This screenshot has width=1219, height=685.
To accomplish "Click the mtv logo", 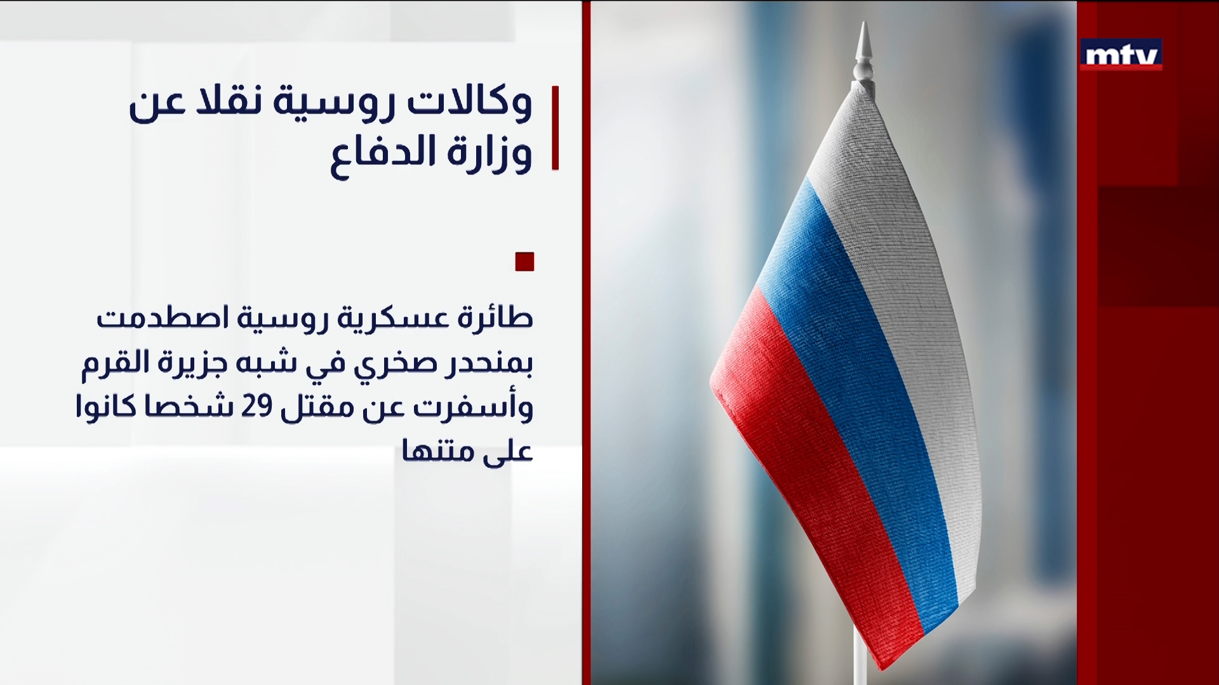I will [1121, 55].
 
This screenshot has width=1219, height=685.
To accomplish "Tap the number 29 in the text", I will [256, 407].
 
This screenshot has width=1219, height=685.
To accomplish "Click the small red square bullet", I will [524, 261].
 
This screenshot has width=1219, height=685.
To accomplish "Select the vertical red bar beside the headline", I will [555, 127].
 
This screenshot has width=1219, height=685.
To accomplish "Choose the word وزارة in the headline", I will [490, 154].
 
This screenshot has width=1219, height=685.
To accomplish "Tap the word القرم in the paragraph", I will [114, 363].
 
